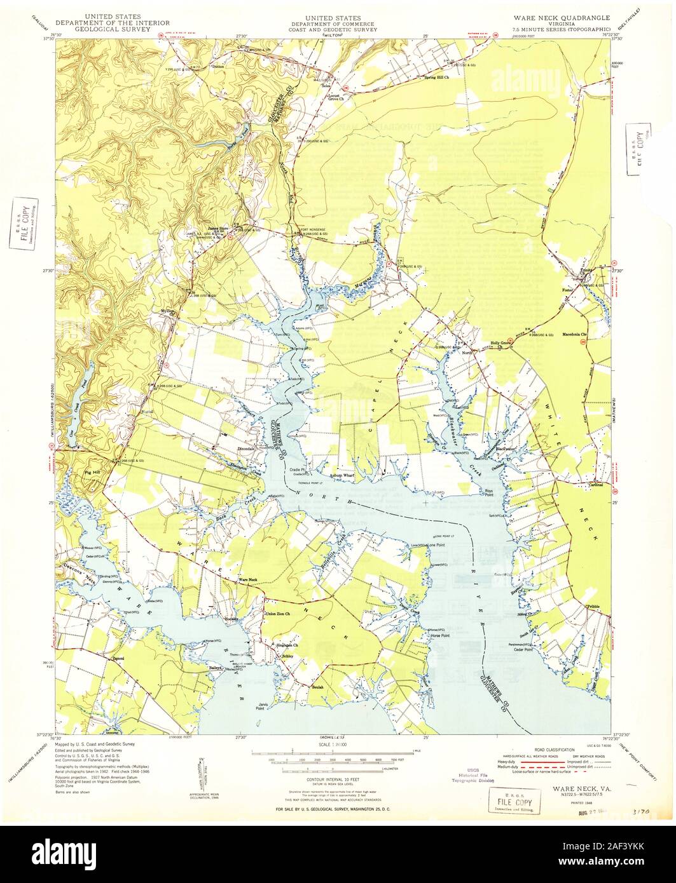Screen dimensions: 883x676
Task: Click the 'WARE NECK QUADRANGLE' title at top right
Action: point(562,17)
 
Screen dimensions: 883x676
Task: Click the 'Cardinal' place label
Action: point(595,485)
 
